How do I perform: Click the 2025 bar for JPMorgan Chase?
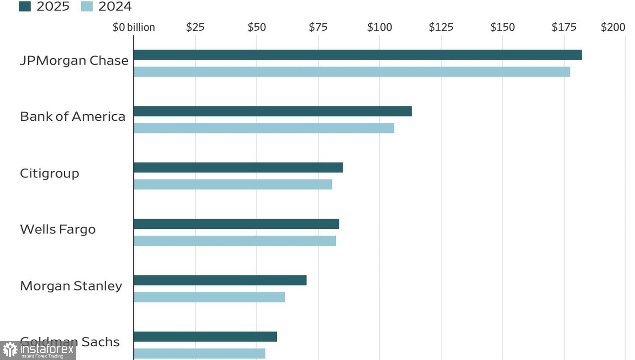click(358, 55)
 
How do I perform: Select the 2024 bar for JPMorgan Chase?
click(352, 72)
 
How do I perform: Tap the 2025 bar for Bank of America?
click(273, 111)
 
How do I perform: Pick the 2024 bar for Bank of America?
click(264, 128)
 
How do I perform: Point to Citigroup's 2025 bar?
click(238, 168)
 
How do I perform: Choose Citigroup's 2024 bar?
click(233, 184)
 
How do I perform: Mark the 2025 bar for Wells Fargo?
click(236, 224)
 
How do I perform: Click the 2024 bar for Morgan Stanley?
click(209, 297)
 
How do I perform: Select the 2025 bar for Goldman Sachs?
click(205, 337)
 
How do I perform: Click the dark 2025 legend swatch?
click(25, 6)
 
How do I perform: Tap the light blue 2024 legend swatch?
click(87, 6)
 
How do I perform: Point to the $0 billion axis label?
click(133, 27)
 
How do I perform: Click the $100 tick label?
click(379, 27)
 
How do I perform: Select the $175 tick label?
click(564, 27)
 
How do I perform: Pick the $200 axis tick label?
click(613, 27)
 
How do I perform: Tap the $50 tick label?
click(257, 27)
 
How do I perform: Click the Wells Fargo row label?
click(58, 229)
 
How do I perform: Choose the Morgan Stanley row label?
click(71, 286)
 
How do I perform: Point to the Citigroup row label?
click(50, 173)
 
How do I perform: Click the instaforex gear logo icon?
click(10, 350)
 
